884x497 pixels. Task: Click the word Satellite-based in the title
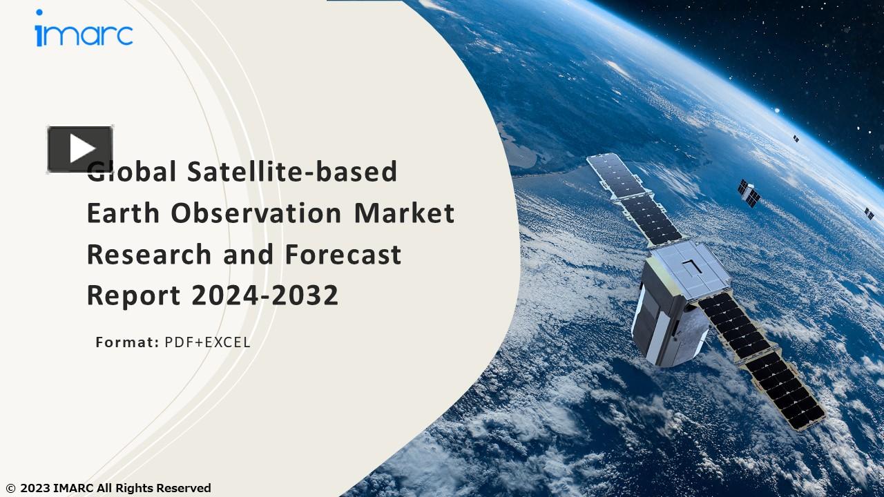292,172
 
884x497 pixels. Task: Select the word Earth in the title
123,213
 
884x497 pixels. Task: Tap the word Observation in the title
256,213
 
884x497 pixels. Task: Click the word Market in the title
404,213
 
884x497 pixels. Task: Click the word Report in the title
133,296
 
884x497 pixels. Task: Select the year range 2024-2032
265,296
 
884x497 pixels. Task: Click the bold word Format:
127,342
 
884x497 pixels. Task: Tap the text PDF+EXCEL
207,342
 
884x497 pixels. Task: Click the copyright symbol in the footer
10,489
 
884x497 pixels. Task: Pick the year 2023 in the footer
35,489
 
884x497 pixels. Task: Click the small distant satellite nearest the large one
749,193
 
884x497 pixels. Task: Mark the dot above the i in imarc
39,12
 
